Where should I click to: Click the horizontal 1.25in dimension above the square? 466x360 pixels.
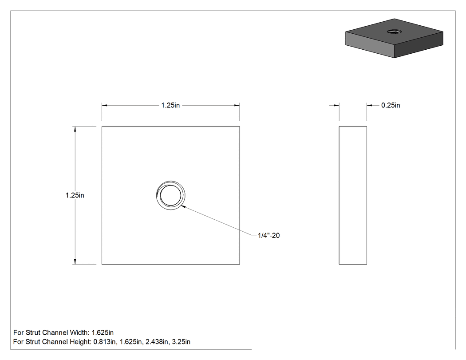coord(170,105)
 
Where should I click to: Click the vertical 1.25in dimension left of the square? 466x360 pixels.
coord(75,195)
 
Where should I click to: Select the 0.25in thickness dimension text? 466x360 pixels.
coord(391,105)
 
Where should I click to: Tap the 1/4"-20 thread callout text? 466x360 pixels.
coord(269,235)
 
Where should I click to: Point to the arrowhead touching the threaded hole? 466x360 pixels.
coord(183,206)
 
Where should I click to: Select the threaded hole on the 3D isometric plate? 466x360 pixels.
coord(395,31)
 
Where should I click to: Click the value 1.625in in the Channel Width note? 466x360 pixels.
coord(103,332)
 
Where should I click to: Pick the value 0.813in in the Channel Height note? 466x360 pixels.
coord(105,342)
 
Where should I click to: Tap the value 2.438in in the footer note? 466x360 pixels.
coord(157,342)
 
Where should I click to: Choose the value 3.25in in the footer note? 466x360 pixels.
coord(181,342)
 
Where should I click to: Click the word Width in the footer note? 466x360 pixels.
coord(79,332)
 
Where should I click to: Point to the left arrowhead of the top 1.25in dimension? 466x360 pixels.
coord(104,105)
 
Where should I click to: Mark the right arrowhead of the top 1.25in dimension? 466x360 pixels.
coord(237,105)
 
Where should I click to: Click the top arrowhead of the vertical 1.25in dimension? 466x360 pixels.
coord(75,129)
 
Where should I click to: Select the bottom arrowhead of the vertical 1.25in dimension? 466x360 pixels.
coord(75,261)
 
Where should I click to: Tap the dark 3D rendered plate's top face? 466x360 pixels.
coord(395,32)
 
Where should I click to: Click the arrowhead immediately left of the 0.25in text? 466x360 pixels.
coord(369,105)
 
